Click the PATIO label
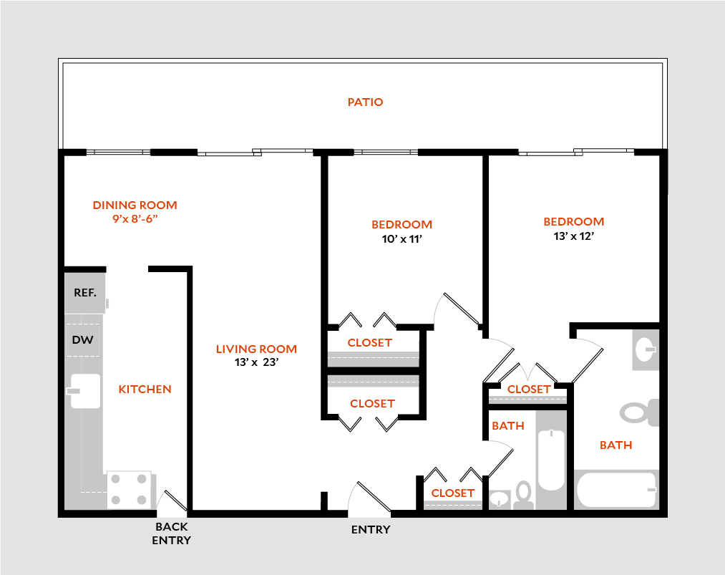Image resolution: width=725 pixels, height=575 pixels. pos(365,102)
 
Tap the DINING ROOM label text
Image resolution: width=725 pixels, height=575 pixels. pos(135,206)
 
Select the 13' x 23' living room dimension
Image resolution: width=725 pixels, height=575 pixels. pos(256,362)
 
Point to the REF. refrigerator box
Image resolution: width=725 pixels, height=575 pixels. pos(85,293)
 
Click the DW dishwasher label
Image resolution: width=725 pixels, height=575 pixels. pos(83,340)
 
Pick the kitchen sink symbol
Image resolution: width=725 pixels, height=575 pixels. pos(84,391)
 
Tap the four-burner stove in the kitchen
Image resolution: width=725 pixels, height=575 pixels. pos(131,490)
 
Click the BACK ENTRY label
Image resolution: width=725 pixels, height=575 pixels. pos(171,533)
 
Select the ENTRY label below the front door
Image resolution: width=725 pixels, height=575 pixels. pos(371,530)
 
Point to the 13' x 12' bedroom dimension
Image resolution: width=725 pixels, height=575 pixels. pos(573,236)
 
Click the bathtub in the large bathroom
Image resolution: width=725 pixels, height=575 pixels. pos(616,490)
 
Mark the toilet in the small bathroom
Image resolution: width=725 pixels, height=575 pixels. pos(523,493)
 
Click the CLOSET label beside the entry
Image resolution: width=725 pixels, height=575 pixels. pos(452,493)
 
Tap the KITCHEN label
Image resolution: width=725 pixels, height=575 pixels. pos(145,390)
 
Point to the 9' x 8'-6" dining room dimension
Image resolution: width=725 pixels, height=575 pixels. pos(135,218)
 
